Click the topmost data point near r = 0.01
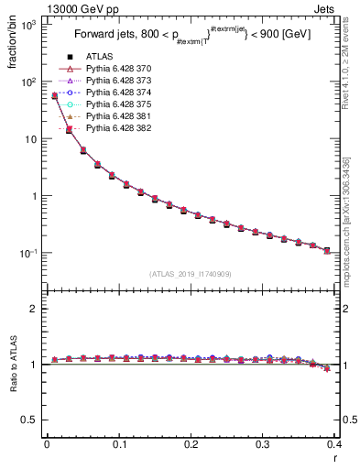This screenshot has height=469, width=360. (x=54, y=95)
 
